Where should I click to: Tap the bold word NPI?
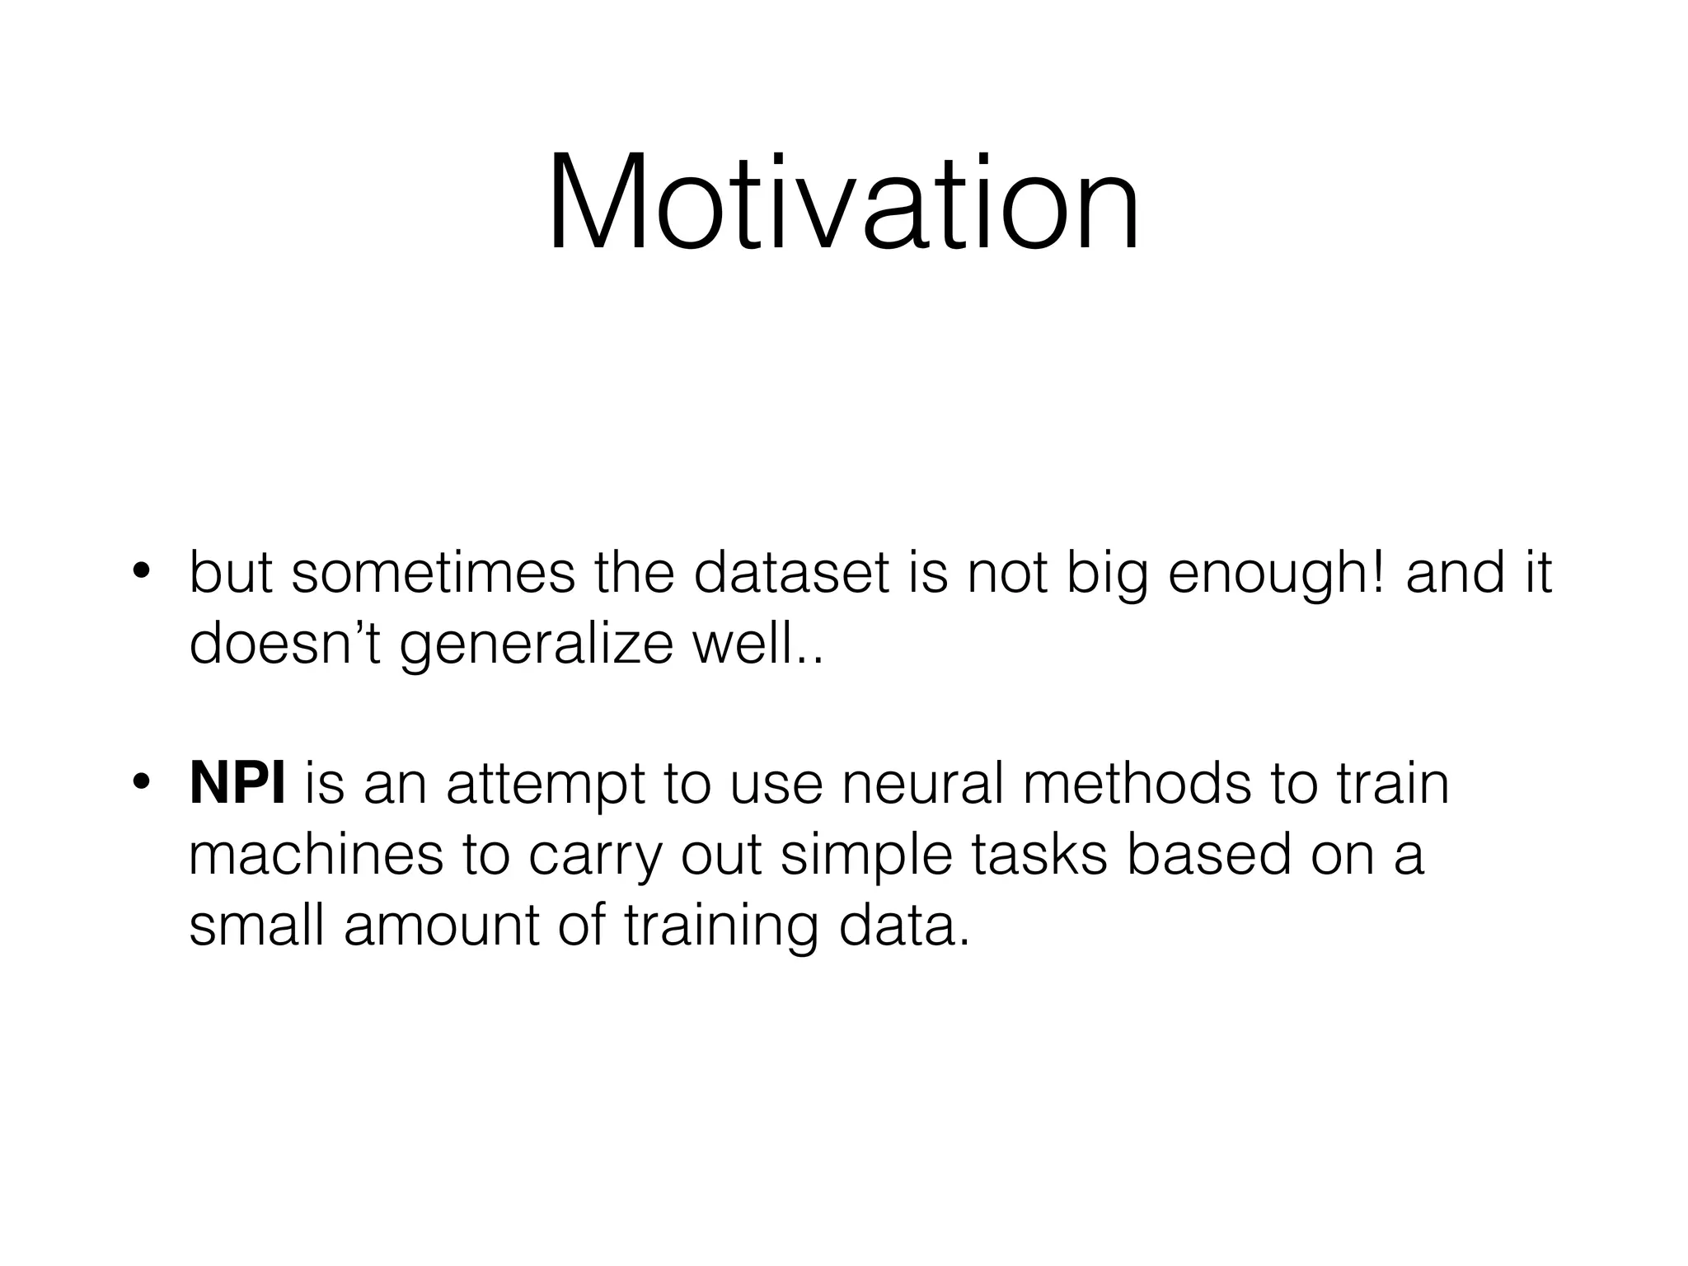pyautogui.click(x=237, y=783)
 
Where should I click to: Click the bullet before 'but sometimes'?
pyautogui.click(x=141, y=572)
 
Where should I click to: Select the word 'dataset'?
pyautogui.click(x=791, y=572)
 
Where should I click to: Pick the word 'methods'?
pyautogui.click(x=1137, y=783)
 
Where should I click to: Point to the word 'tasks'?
pyautogui.click(x=1039, y=854)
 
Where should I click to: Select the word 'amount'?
pyautogui.click(x=441, y=925)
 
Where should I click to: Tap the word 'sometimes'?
pyautogui.click(x=434, y=572)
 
